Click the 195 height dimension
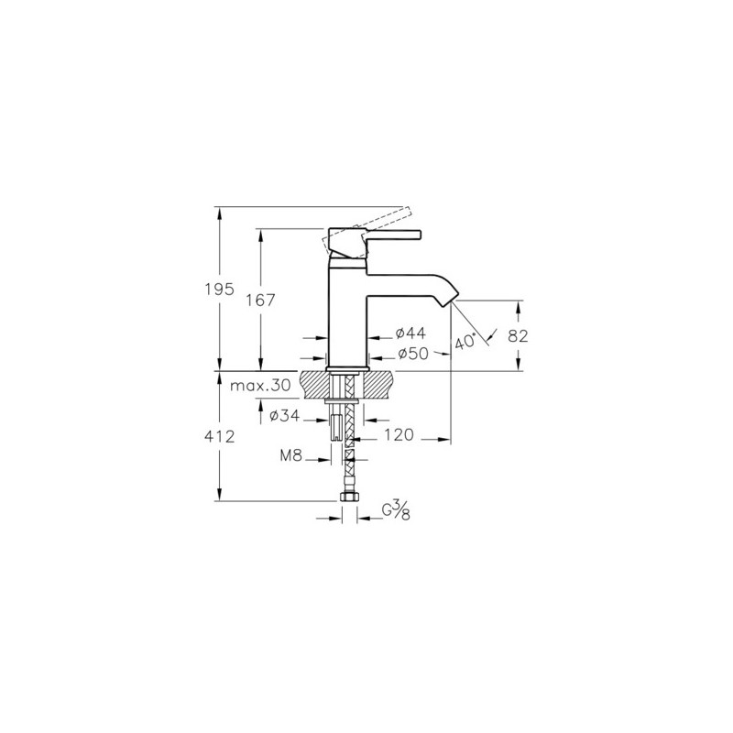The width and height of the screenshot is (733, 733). [219, 290]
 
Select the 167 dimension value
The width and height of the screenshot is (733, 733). [261, 301]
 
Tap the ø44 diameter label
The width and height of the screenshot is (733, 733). [410, 334]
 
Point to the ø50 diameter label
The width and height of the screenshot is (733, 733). [413, 355]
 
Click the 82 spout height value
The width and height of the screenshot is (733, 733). [518, 335]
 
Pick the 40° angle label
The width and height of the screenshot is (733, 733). [465, 341]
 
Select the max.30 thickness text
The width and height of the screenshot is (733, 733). [260, 386]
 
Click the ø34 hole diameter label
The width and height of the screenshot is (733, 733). [284, 415]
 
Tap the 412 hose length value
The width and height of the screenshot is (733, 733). [219, 437]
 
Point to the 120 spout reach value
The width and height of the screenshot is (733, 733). [399, 434]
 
